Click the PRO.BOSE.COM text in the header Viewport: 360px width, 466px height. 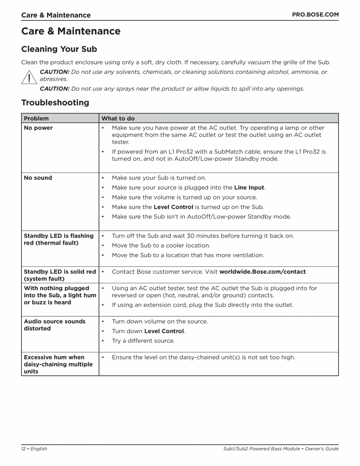315,14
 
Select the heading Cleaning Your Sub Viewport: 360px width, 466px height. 59,49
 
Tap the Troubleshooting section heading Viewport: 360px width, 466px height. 55,103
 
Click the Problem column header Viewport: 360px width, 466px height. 36,118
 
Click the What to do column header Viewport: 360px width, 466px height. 118,118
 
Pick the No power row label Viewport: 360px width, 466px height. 38,128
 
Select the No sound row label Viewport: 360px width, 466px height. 38,178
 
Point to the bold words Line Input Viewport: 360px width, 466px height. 249,188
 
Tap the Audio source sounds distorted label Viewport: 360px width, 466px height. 54,325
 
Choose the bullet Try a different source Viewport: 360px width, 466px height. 143,341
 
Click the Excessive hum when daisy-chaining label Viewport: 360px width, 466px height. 58,364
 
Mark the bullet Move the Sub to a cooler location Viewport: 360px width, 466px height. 161,246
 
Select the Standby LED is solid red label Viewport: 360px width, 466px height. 60,275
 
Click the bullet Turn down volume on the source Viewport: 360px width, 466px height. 160,322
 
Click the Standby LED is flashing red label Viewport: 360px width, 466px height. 58,239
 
